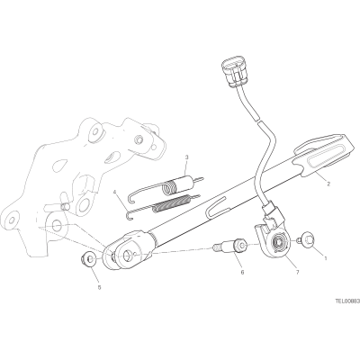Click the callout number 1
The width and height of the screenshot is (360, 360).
326,257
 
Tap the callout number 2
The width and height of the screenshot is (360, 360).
328,184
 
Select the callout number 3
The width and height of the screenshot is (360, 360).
186,157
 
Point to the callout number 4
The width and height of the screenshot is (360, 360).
115,192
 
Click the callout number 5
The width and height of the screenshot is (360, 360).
100,287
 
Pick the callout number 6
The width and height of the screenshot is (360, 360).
242,272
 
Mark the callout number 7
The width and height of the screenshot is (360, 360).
297,272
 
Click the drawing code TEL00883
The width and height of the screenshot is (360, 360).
347,300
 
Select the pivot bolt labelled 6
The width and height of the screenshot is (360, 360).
229,246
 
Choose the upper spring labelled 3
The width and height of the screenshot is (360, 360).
166,187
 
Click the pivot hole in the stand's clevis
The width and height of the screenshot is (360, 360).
127,256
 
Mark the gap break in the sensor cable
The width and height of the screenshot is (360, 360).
258,120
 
